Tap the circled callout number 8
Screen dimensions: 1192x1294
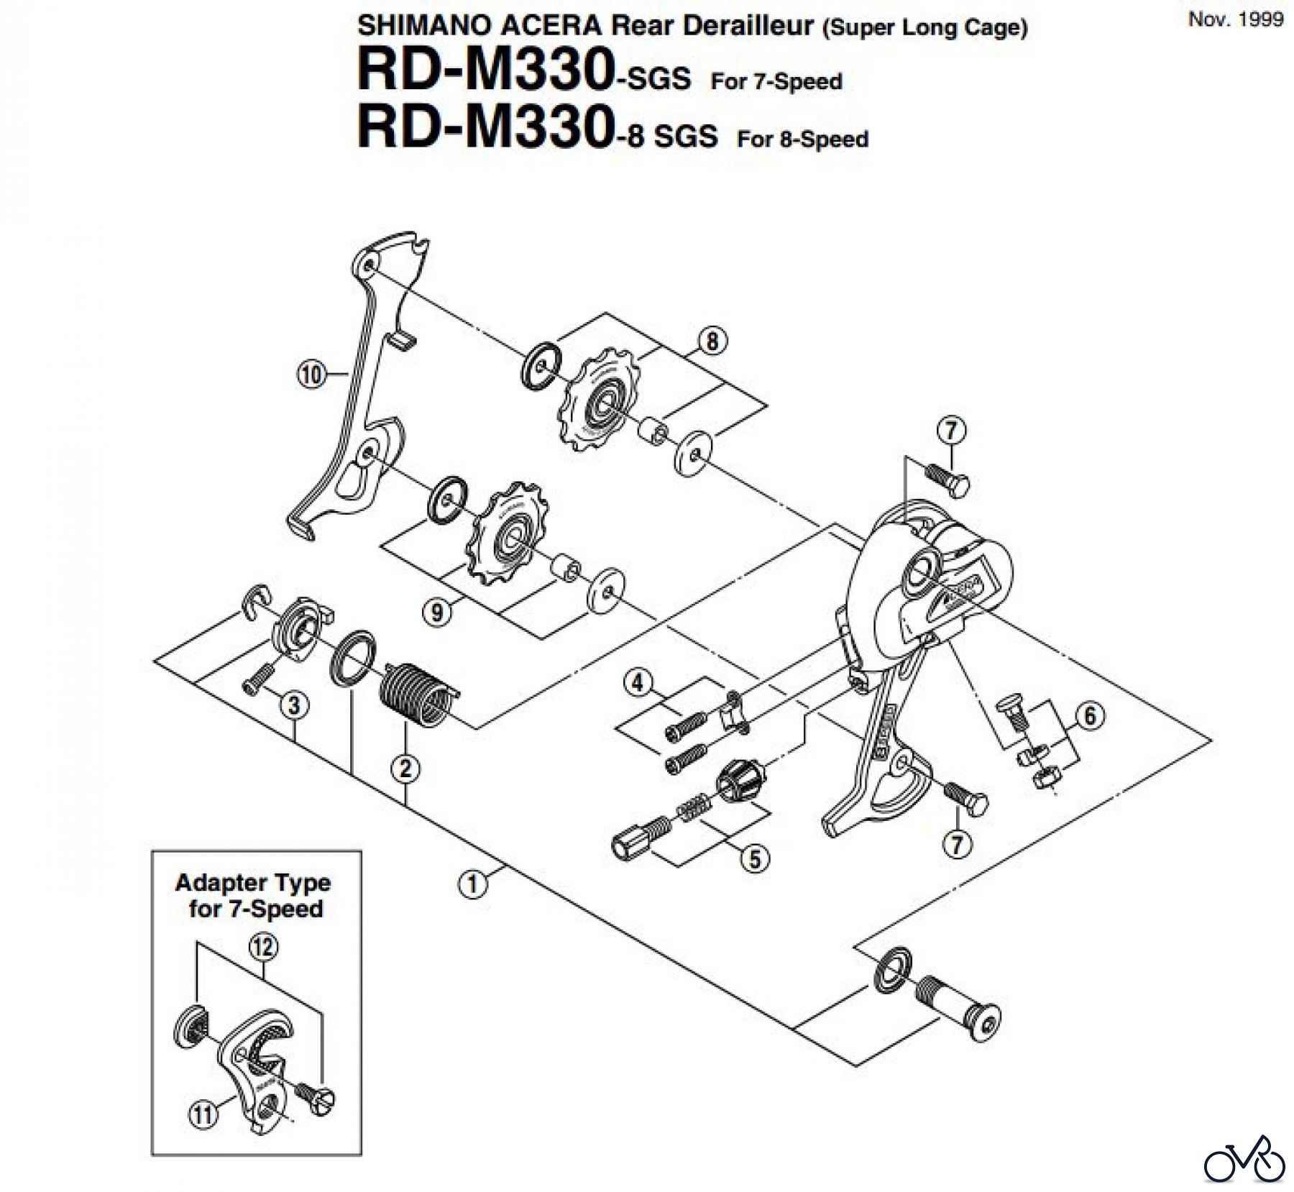712,341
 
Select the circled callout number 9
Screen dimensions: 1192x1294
438,612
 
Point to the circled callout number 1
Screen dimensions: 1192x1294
472,884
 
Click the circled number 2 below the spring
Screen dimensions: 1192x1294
405,769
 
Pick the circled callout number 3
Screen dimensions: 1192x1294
294,705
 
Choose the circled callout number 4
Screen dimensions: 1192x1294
638,682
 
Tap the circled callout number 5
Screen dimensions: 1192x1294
755,858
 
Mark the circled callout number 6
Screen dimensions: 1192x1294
1090,716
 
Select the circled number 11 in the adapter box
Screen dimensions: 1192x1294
202,1114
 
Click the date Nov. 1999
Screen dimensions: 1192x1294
1235,19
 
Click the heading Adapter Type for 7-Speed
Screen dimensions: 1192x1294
253,896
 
